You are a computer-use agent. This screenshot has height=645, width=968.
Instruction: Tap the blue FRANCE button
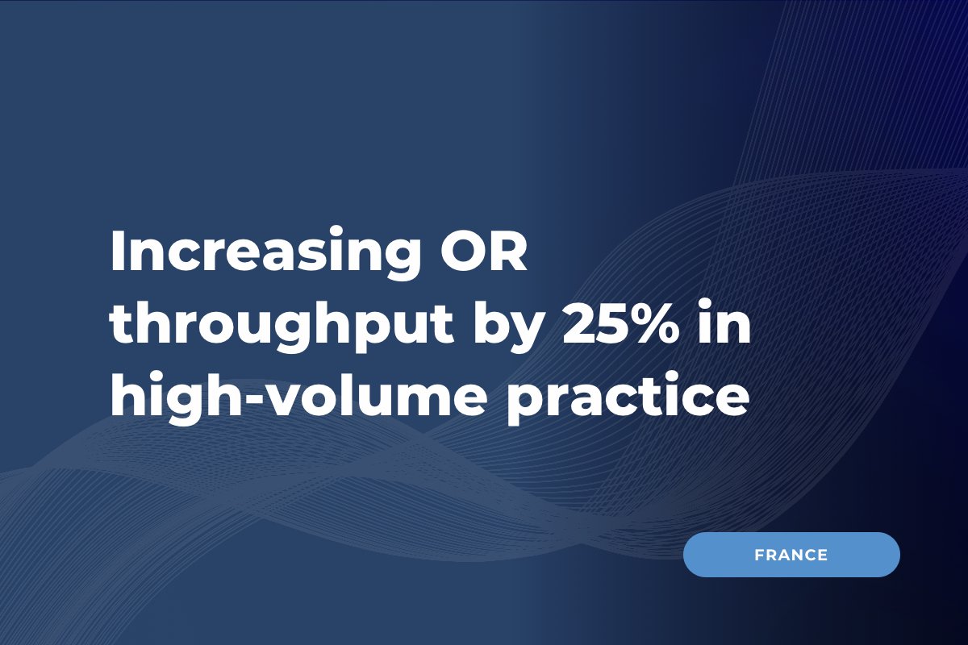(791, 555)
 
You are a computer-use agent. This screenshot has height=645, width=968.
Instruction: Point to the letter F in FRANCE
(760, 555)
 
